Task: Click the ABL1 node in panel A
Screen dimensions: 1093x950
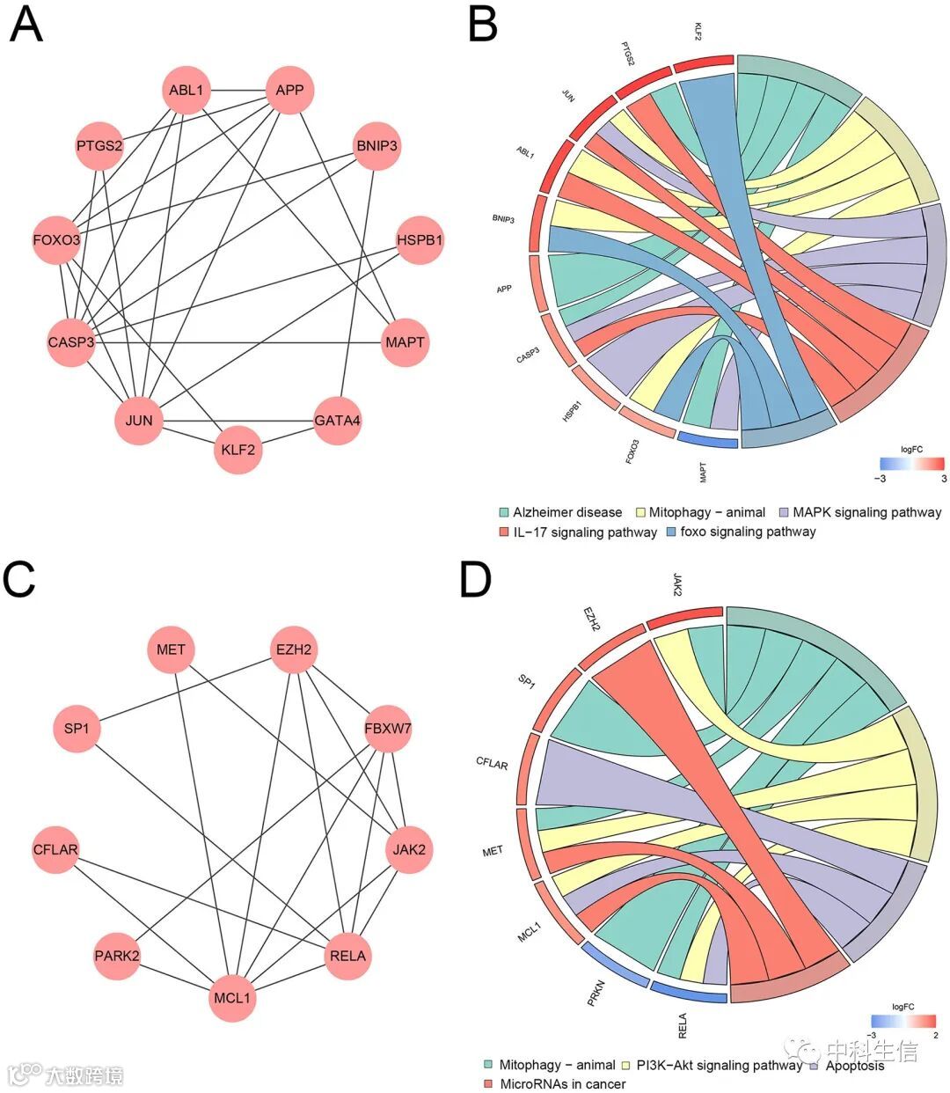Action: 186,91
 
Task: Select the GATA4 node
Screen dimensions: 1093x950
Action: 338,421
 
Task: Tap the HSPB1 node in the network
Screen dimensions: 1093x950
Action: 420,239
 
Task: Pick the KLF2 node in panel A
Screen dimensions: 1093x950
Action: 238,450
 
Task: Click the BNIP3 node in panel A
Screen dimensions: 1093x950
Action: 376,145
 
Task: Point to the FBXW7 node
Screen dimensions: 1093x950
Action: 388,729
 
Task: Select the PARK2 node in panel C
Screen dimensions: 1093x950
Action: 117,955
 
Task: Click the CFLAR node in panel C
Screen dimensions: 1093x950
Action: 55,849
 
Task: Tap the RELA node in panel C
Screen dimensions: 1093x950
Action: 347,955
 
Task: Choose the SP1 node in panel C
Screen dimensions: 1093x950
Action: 77,729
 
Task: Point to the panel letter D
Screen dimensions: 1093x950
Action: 476,581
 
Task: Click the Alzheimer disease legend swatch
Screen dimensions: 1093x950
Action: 504,512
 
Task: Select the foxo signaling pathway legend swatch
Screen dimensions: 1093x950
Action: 673,532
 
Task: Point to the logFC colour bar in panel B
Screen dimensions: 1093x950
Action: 911,464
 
